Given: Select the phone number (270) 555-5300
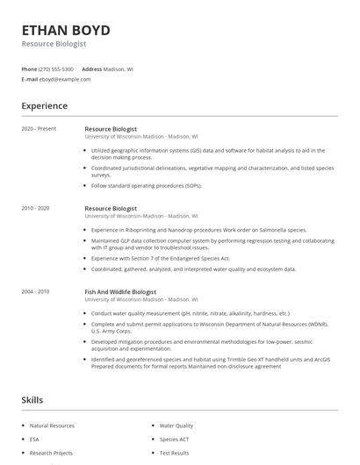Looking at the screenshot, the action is coord(57,68).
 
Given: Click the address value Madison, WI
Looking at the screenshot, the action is coord(119,68).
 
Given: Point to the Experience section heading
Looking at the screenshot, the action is coord(44,106).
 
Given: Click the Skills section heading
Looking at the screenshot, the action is coord(32,400).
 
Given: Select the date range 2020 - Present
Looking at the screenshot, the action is coord(39,129).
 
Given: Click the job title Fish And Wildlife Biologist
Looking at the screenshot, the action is coord(120,291).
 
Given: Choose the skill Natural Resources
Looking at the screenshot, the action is coord(51,426).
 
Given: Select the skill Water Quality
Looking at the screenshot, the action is coord(176,426).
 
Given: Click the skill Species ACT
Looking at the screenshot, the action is coord(175,439).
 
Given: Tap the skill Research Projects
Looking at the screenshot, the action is coord(51,453).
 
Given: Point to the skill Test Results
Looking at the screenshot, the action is coord(174,453).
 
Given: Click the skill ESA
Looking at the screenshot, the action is coord(34,439).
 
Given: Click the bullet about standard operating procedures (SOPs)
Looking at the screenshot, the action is coord(147,185).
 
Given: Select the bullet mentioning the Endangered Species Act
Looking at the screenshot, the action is coord(161,259).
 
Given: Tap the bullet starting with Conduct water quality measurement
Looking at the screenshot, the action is coord(191,312).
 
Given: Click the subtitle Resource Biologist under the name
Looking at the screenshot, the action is coord(54,43).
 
